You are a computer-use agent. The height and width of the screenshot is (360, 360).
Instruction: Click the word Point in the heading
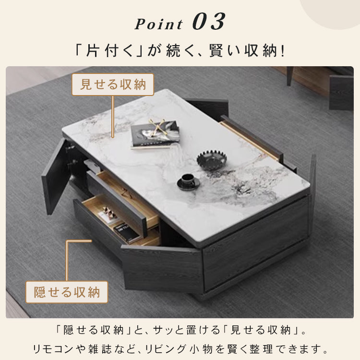coord(158,24)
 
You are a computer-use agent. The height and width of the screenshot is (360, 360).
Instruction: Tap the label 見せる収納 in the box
coord(113,85)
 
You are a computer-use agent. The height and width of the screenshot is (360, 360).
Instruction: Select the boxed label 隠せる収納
coord(67,292)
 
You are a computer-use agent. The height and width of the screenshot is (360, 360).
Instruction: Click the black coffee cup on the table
coord(188,181)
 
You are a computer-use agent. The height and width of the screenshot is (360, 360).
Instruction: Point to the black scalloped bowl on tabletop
coord(211,160)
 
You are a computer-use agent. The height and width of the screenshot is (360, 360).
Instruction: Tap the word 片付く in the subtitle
coord(103,50)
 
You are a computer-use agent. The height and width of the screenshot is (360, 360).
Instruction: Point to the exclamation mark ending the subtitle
coord(283,50)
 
